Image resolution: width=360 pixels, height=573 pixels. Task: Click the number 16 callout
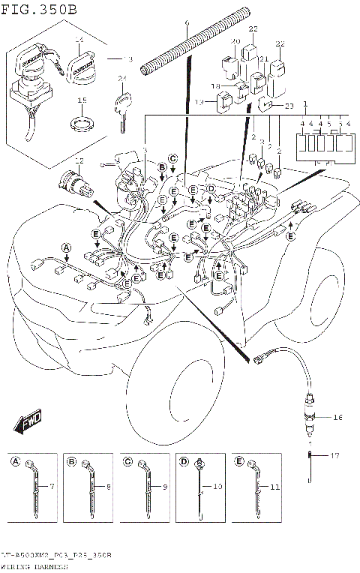tap(337, 416)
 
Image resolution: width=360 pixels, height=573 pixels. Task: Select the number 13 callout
tap(127, 58)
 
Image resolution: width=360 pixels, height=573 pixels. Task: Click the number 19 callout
tap(200, 102)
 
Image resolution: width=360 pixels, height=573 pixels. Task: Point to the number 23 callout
tap(289, 106)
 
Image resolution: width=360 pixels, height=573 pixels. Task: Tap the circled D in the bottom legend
tap(184, 462)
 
